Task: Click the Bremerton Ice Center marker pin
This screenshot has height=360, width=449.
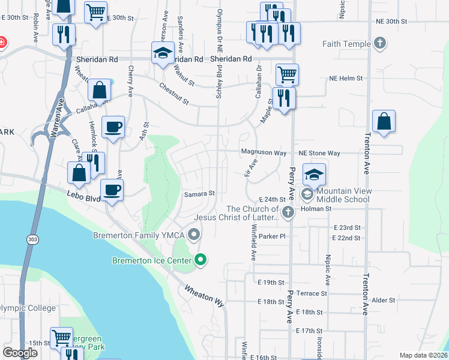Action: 201,260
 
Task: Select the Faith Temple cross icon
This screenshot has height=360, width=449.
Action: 379,43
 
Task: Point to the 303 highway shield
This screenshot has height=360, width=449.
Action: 31,239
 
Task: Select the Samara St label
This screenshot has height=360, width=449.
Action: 199,194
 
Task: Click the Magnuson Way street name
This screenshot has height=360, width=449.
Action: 264,152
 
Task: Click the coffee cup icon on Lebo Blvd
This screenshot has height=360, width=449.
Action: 112,190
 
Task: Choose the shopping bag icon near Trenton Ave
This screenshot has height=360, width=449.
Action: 384,121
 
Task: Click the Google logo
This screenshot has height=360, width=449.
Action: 20,353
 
